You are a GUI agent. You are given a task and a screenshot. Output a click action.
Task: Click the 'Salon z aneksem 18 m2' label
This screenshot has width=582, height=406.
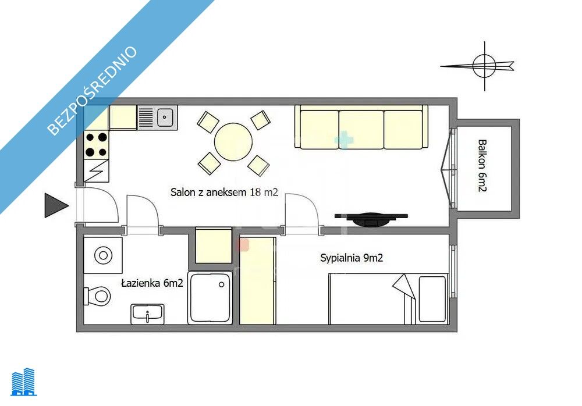224,192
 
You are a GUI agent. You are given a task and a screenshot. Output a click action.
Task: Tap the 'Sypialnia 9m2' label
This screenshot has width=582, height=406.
351,258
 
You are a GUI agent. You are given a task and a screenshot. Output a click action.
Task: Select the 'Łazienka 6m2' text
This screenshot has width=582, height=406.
152,283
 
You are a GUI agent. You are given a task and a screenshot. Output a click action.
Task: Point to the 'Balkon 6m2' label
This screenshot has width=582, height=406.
482,166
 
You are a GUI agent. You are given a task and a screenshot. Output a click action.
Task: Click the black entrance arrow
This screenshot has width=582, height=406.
56,205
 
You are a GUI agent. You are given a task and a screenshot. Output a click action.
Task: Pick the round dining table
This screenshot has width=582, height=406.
233,142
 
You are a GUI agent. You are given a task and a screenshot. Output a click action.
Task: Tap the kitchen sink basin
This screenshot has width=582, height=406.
165,117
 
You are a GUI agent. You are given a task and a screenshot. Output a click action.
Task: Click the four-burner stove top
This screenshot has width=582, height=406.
96,145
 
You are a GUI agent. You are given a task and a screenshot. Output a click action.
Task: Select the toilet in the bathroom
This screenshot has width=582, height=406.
97,296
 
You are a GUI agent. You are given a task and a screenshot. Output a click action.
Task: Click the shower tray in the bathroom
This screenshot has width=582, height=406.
211,298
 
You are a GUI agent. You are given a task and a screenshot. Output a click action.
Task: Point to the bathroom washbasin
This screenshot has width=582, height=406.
147,314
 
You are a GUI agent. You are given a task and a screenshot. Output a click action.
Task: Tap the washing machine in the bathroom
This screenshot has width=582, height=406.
103,255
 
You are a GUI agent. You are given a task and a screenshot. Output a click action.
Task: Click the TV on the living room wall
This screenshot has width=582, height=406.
371,219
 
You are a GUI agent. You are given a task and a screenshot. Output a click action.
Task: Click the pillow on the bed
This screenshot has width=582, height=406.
432,299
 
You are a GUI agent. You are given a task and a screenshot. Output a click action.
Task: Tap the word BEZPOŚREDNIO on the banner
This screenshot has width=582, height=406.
93,90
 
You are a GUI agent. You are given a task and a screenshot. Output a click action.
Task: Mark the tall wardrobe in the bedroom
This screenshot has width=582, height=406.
257,281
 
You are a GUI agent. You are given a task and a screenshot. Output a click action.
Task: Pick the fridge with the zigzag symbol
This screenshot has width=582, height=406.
96,171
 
